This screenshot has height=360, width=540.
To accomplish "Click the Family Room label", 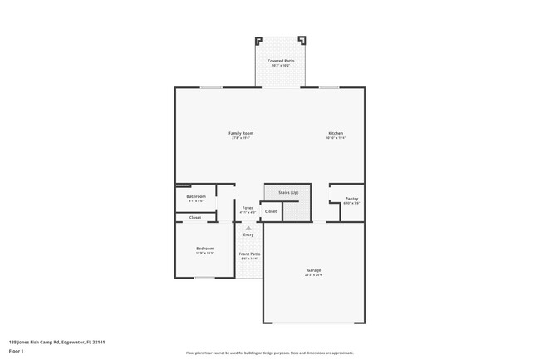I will (x=241, y=133).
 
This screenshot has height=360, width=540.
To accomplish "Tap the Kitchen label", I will (x=335, y=133).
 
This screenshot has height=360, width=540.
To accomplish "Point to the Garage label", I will (x=313, y=269).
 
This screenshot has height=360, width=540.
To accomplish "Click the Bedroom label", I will (x=204, y=248).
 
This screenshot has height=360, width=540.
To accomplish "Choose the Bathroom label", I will (x=195, y=196).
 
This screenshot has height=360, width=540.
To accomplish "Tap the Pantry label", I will (x=351, y=198).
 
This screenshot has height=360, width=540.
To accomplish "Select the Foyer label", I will (x=248, y=207).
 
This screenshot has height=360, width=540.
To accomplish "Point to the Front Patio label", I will (x=249, y=254).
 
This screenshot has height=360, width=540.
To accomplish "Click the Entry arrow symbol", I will (x=248, y=227).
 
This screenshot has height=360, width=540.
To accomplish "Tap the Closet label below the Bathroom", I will (x=195, y=217).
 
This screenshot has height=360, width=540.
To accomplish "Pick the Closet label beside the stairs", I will (x=270, y=212).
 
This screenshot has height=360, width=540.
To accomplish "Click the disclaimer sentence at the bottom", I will (x=269, y=353).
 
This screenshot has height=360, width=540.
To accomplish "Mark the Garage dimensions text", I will (x=313, y=274).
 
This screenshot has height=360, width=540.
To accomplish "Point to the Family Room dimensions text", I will (x=241, y=138).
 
